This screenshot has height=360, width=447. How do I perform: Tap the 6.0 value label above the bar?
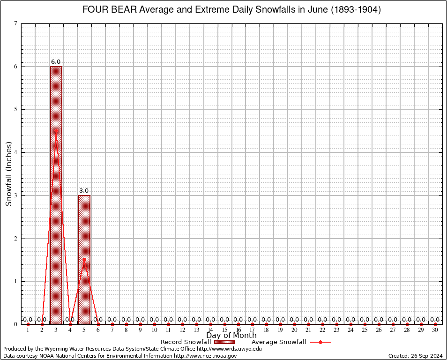[56, 61]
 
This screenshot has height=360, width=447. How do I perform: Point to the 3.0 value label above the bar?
[84, 190]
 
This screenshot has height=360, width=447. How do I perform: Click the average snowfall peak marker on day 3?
[56, 131]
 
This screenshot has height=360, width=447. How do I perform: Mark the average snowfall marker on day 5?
[84, 259]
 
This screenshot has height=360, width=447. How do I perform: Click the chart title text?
[231, 9]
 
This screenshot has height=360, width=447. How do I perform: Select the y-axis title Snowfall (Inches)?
[9, 173]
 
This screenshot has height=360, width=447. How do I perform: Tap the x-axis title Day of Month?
[231, 335]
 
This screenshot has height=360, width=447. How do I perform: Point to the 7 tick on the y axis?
[16, 23]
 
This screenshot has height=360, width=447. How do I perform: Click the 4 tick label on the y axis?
[16, 152]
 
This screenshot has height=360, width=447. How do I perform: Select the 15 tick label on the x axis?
[224, 330]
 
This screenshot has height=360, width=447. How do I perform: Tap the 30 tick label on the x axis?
[435, 330]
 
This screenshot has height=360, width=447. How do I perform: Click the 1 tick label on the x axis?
[28, 330]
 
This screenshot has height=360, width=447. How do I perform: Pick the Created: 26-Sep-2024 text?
[416, 356]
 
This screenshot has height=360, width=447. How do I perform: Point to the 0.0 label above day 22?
[322, 320]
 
